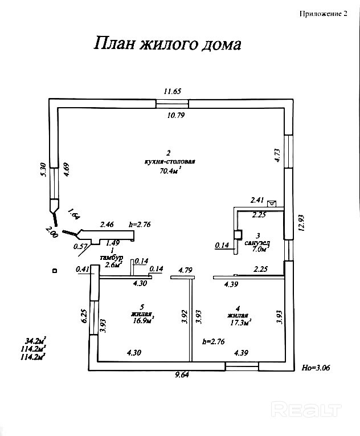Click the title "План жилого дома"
click(x=167, y=44)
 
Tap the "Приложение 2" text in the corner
click(x=323, y=15)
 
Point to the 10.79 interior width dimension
click(x=175, y=115)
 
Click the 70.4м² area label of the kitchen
click(x=170, y=169)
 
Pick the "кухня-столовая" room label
click(x=170, y=161)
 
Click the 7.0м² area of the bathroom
click(x=259, y=249)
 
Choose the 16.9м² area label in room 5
click(x=143, y=320)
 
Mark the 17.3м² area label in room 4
click(x=240, y=322)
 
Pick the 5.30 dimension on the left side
click(x=42, y=170)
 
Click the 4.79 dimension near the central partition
click(x=186, y=270)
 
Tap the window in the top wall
click(x=172, y=103)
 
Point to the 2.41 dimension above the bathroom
click(x=257, y=200)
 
